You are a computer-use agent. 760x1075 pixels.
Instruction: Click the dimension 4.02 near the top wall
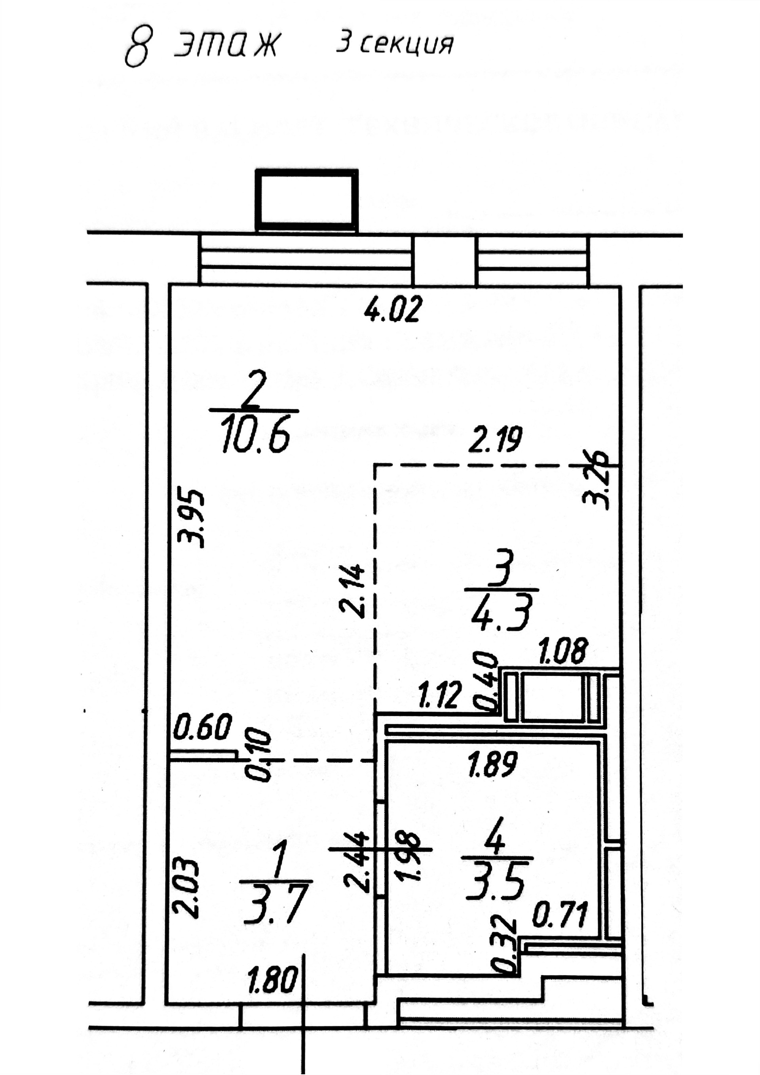click(x=393, y=310)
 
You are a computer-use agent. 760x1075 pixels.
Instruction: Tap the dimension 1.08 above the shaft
click(x=562, y=651)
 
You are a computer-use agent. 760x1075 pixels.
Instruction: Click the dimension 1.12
click(x=440, y=695)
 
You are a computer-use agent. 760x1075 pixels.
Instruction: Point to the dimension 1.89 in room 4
click(x=492, y=764)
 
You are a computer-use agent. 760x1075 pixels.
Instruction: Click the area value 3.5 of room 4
click(x=496, y=884)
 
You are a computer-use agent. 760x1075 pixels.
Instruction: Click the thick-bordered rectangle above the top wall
click(x=306, y=200)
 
